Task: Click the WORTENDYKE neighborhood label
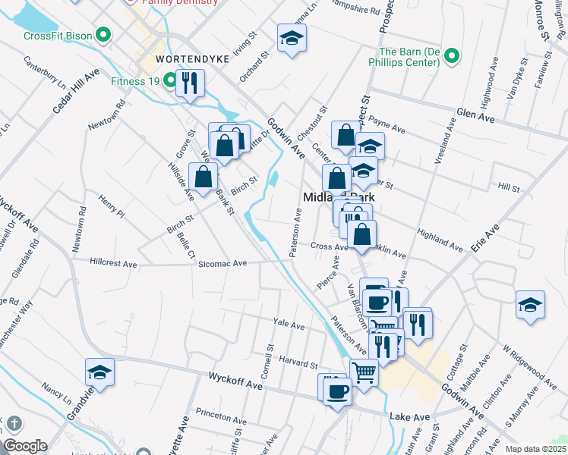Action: [x=181, y=58]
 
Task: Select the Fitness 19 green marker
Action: [x=167, y=81]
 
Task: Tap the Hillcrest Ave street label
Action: [x=113, y=264]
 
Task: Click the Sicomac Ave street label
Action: [x=222, y=263]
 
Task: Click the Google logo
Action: [x=25, y=446]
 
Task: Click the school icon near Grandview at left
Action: [x=99, y=372]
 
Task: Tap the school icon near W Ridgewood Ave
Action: [x=530, y=305]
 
